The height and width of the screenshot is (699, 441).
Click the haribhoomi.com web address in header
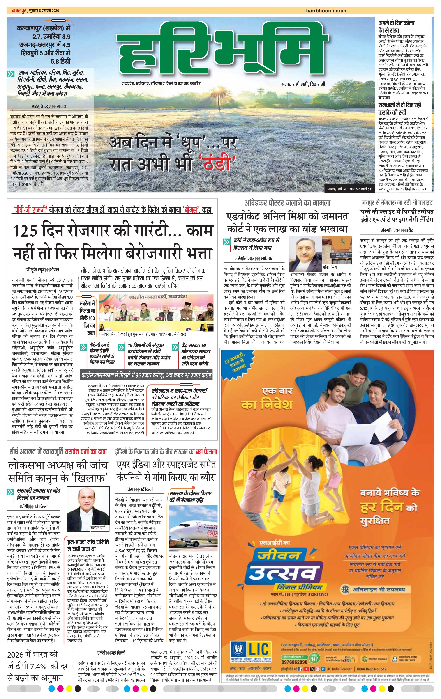[326, 11]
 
